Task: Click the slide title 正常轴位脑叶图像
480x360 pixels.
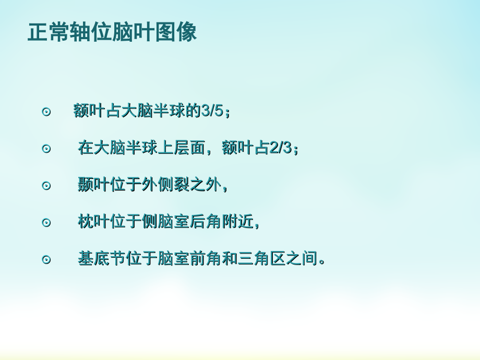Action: point(112,32)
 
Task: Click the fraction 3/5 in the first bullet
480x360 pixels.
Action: point(214,112)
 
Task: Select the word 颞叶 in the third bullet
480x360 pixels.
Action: point(93,185)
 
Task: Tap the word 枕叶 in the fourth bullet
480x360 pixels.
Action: point(93,222)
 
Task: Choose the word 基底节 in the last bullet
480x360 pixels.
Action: point(102,259)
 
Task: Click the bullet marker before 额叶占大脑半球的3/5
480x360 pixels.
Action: point(46,112)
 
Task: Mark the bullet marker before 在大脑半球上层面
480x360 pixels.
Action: point(46,149)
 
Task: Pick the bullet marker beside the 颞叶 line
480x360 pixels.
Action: point(46,186)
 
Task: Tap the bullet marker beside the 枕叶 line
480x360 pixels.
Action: point(46,222)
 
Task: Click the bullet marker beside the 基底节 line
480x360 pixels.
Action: point(46,259)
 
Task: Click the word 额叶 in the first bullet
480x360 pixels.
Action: point(90,112)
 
